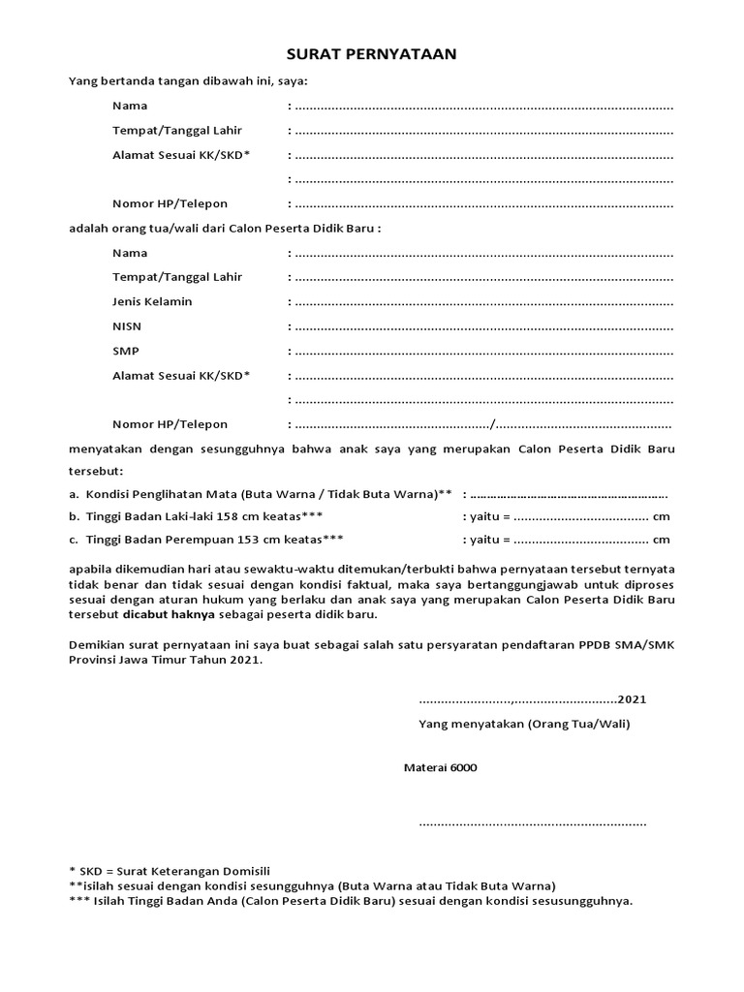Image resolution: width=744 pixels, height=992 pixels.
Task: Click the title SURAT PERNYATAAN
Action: click(372, 55)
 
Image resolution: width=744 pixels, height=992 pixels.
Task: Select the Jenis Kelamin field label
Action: click(152, 301)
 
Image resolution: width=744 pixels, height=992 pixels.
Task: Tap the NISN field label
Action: click(127, 326)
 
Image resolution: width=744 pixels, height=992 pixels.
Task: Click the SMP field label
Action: click(126, 351)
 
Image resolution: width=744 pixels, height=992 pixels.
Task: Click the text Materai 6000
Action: click(440, 767)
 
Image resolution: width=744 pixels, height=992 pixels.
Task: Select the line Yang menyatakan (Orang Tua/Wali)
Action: click(524, 724)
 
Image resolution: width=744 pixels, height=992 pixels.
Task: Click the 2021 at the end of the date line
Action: click(633, 699)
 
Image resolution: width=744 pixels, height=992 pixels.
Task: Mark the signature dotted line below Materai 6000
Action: click(532, 823)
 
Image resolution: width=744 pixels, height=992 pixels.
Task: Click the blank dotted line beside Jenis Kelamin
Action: click(483, 302)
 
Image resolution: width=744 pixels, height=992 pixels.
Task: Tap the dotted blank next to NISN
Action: click(483, 327)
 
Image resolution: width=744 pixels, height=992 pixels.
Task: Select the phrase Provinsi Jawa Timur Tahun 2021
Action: click(166, 661)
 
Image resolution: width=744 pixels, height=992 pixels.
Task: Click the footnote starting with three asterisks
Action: click(351, 900)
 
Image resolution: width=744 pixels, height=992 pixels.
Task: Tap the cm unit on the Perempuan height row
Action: click(662, 540)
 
